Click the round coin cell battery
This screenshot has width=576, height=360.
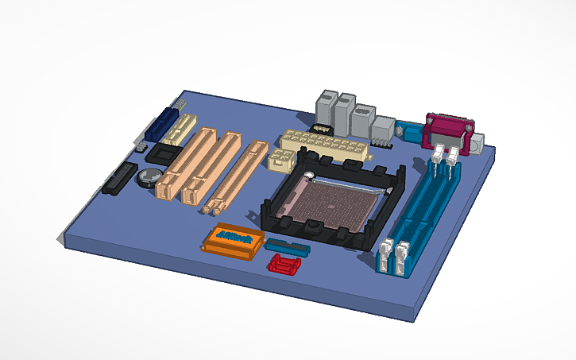tap(149, 176)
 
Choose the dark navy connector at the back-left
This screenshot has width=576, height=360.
tap(163, 126)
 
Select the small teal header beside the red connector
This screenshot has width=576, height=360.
tap(286, 246)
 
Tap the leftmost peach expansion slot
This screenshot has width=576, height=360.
tap(185, 163)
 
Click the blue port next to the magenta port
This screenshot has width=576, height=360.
tap(412, 132)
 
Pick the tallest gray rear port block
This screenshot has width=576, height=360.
tap(345, 114)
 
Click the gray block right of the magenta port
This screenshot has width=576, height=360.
tap(478, 144)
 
